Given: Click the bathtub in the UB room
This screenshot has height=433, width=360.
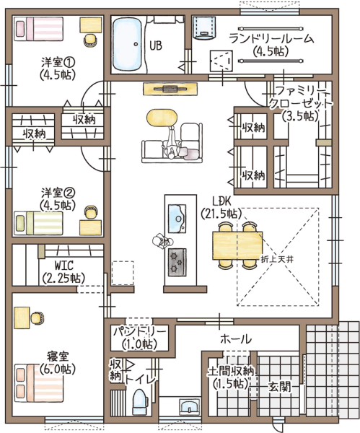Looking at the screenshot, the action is point(128,45).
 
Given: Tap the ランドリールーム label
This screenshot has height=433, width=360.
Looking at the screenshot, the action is point(272,39).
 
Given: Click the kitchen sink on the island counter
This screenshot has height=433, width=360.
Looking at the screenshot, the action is point(177,219).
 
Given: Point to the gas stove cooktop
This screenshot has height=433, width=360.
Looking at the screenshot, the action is point(177,262).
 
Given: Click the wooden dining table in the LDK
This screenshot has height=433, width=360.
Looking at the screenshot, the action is point(237,245).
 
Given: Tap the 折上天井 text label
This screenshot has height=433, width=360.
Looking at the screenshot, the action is point(277,259).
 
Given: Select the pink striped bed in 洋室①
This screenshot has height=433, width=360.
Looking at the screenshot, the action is point(39,29).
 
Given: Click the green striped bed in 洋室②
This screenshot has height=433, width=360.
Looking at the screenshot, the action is point(38,223).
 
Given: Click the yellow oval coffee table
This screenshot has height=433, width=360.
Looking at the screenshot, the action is point(162,118).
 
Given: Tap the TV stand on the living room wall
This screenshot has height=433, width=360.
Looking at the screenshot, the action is point(170,89).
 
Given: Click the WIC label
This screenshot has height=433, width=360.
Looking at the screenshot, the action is point(64,266).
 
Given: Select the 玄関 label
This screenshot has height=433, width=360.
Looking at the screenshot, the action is point(280,387).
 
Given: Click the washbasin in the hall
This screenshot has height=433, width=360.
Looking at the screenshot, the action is point(190,406).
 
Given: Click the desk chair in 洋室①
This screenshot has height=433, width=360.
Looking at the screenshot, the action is point(91,40).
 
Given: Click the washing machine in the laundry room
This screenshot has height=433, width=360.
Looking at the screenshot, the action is point(204,27).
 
